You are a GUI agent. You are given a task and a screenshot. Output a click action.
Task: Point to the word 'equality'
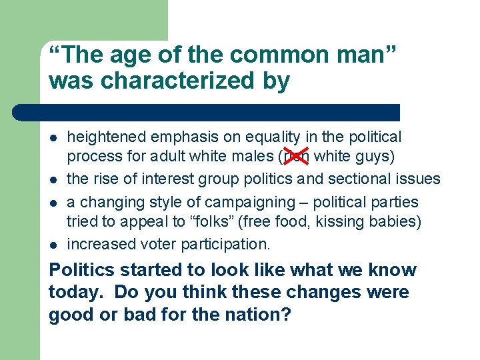pos(274,137)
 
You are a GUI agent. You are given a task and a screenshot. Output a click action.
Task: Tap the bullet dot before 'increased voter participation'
pos(53,245)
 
